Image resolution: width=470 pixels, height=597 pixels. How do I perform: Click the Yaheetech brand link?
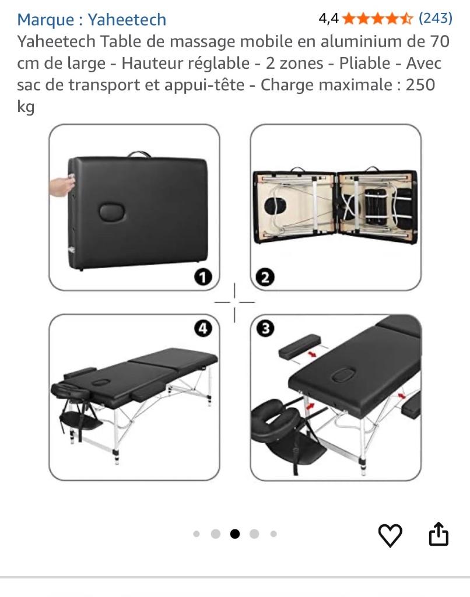[127, 20]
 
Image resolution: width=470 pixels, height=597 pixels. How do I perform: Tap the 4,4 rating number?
[328, 19]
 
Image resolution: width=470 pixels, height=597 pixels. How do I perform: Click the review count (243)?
[436, 19]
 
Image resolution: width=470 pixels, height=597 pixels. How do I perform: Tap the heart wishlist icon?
[390, 535]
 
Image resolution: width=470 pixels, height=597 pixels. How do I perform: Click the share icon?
[439, 534]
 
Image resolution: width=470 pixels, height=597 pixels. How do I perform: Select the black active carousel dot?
[235, 533]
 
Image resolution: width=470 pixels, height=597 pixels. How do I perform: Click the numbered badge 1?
[202, 278]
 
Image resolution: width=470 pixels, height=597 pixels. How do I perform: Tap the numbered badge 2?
[266, 278]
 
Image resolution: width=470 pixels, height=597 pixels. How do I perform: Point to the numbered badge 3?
[266, 329]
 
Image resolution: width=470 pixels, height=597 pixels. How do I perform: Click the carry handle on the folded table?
[138, 154]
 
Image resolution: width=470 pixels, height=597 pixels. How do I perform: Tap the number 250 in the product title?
[420, 85]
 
